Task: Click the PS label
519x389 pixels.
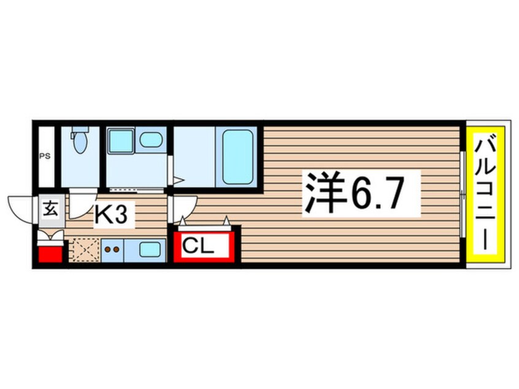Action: click(x=45, y=156)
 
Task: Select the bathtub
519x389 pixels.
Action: click(x=237, y=157)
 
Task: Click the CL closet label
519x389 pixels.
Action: click(x=198, y=245)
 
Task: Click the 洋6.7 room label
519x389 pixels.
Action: click(x=354, y=193)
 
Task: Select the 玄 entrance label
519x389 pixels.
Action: click(x=51, y=209)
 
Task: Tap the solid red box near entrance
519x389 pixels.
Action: click(x=50, y=254)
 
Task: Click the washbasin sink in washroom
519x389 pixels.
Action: click(x=150, y=139)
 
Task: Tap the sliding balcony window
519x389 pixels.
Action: click(x=463, y=194)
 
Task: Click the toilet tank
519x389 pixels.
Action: click(x=80, y=129)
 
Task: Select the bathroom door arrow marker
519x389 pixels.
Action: click(x=177, y=180)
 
